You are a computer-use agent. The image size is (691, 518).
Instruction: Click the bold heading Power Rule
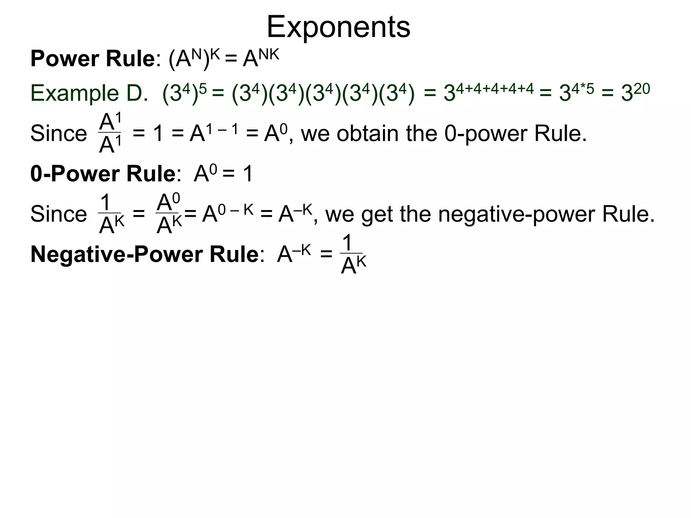tap(92, 59)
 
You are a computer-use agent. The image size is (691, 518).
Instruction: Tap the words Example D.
tap(89, 93)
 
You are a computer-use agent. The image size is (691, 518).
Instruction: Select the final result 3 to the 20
tap(635, 92)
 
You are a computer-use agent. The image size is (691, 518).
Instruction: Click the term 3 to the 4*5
tap(576, 92)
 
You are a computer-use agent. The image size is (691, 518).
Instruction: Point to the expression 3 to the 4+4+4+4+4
tap(489, 92)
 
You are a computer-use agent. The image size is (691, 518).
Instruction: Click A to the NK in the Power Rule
tap(261, 58)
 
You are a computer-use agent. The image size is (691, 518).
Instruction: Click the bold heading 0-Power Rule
tap(103, 174)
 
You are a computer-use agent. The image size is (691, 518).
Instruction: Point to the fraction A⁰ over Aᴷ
tap(169, 214)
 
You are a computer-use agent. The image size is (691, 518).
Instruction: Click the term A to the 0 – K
tap(227, 213)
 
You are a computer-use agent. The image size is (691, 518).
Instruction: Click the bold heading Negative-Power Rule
tap(144, 254)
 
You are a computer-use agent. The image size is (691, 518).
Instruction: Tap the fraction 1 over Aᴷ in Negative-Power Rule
tap(353, 255)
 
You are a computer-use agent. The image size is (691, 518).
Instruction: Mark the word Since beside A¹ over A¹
tap(59, 134)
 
